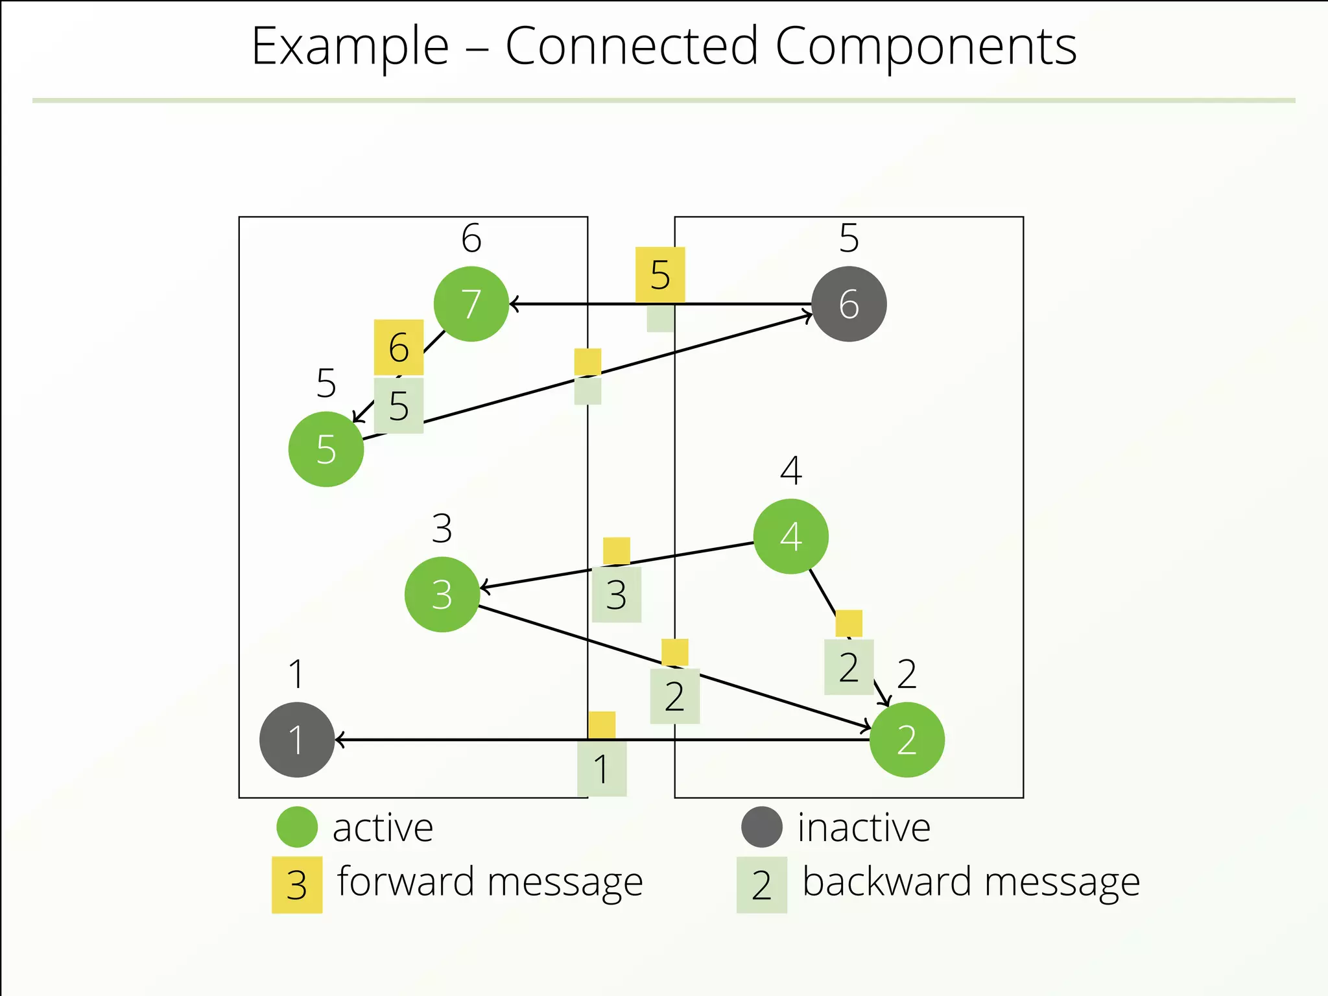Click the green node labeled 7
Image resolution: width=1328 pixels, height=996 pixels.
471,303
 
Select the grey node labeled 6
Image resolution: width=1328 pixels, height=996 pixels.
849,303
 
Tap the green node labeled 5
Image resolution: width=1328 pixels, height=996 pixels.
326,449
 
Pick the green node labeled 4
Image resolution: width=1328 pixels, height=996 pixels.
790,536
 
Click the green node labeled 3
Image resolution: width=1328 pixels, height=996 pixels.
442,594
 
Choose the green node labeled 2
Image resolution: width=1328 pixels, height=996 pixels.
907,739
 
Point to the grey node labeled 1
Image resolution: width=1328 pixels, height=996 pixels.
296,739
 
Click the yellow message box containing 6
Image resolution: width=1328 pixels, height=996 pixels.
398,347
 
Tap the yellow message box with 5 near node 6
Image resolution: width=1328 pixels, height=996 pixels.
659,274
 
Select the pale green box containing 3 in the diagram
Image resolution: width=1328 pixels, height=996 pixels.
616,595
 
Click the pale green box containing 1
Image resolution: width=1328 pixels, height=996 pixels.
601,768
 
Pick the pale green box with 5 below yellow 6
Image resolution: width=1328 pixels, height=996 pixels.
398,406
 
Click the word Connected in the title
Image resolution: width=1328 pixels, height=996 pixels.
632,47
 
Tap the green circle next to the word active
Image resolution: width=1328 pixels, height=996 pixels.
296,827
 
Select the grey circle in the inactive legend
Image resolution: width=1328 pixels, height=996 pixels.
761,827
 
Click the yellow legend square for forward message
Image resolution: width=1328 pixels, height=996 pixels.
296,885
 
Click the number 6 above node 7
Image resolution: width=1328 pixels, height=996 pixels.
471,238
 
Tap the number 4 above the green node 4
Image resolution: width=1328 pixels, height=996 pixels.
790,471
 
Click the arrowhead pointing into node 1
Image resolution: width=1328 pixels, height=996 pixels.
338,739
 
